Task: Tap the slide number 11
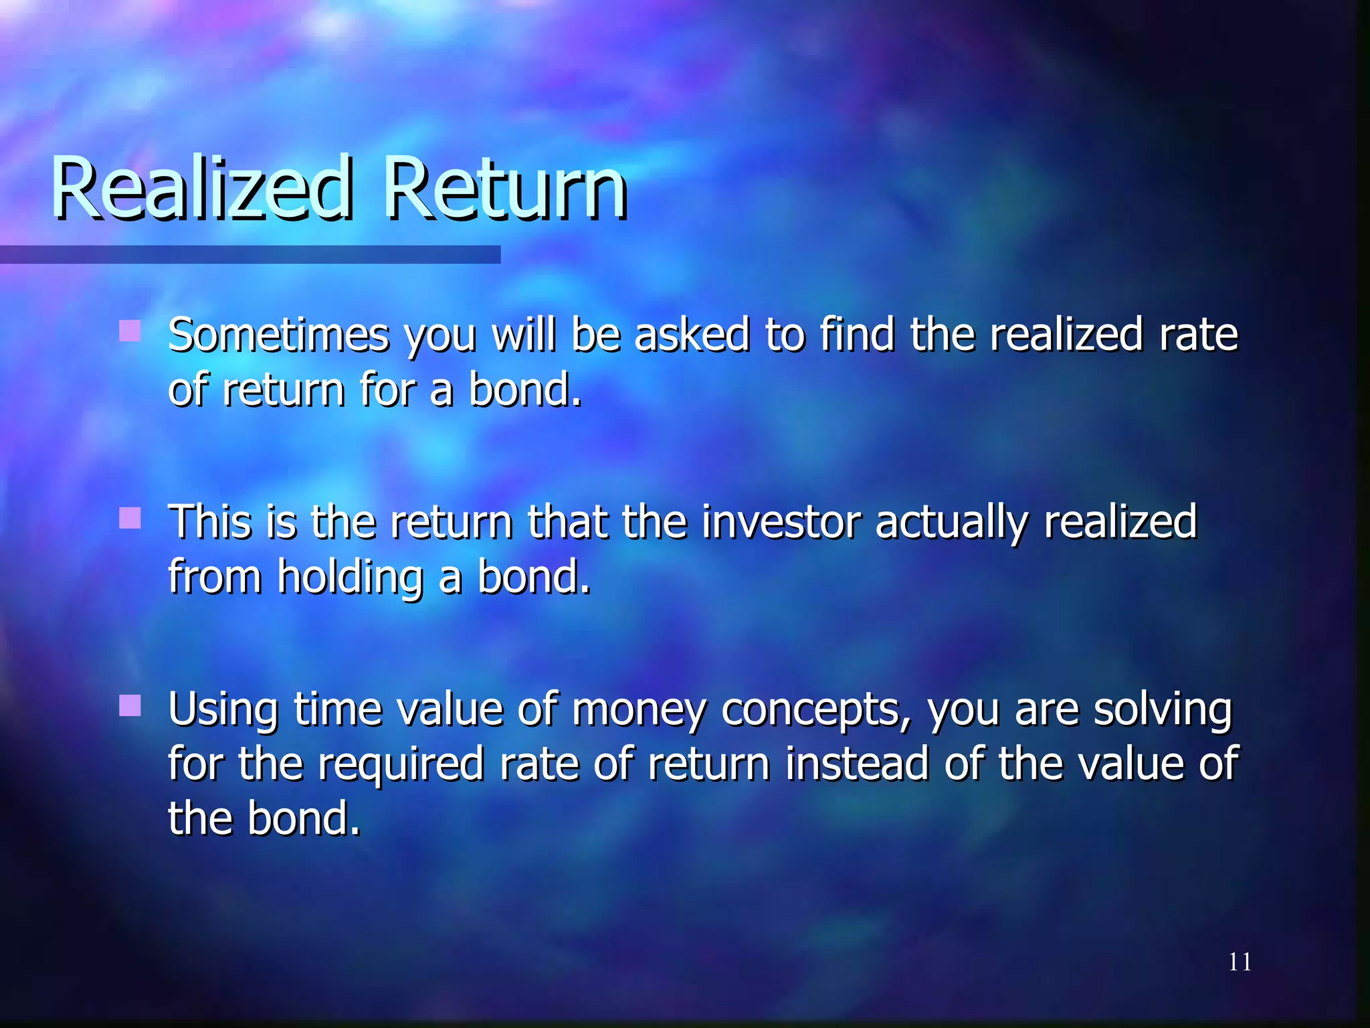pos(1240,962)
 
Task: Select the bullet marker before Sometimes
pos(130,331)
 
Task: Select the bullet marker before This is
pos(130,518)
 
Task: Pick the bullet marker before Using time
pos(130,705)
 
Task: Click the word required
pos(401,764)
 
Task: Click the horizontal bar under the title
pos(250,254)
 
